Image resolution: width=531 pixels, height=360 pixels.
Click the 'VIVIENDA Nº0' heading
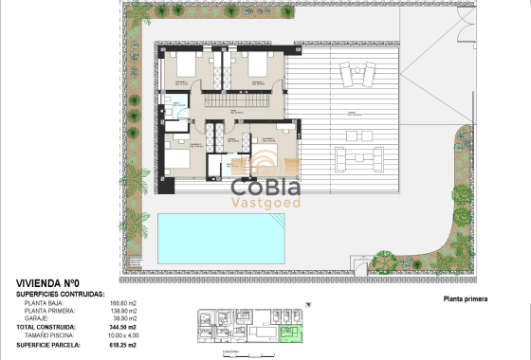click(x=48, y=283)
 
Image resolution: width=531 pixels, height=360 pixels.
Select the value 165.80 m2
click(x=125, y=302)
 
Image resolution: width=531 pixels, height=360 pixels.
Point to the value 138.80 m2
click(x=125, y=311)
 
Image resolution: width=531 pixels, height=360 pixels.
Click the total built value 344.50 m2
click(x=125, y=327)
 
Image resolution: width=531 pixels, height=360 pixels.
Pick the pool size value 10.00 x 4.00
click(x=125, y=334)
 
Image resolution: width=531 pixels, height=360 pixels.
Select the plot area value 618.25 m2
click(x=125, y=343)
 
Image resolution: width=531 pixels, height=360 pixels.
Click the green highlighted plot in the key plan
click(x=294, y=331)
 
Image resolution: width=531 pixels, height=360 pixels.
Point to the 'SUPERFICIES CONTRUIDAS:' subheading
click(x=61, y=294)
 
